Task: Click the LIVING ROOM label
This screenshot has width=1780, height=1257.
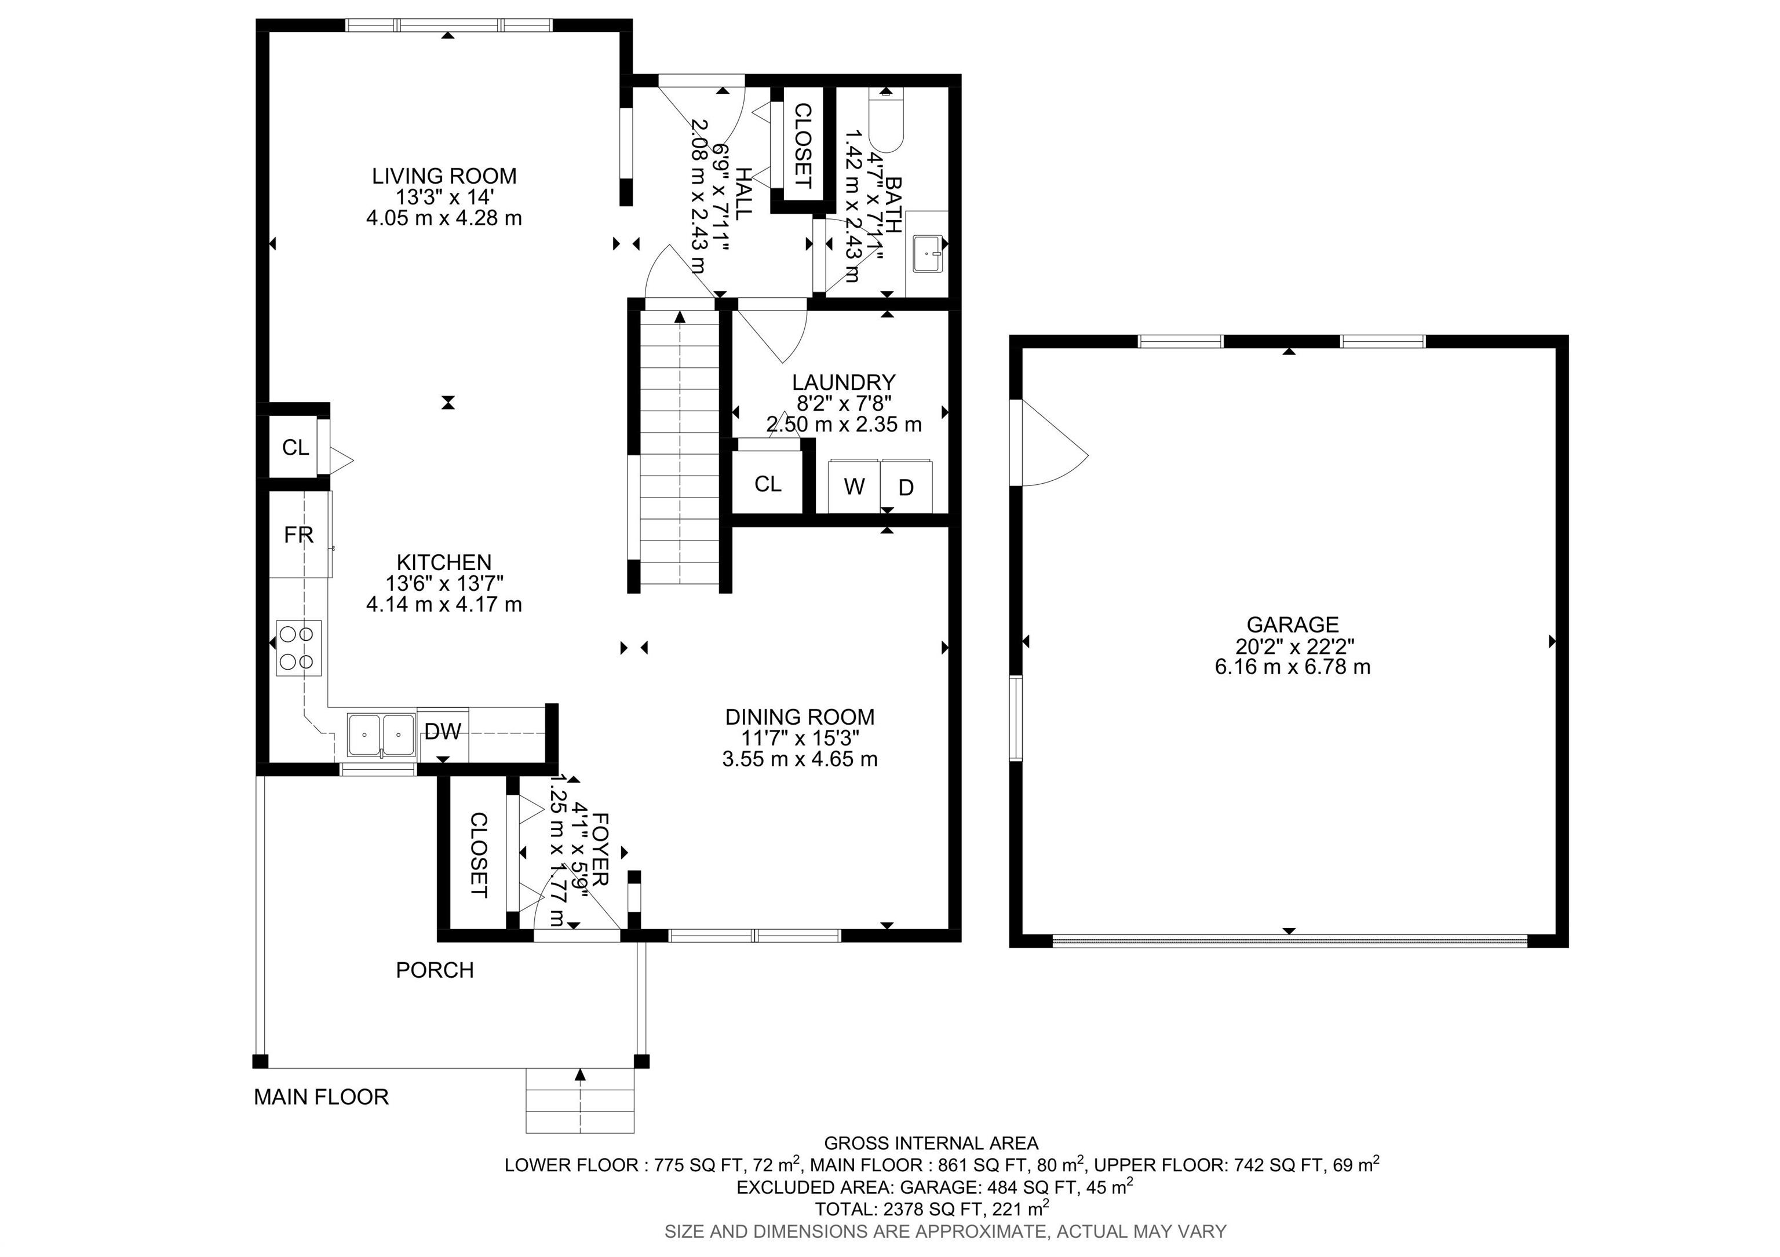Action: tap(444, 176)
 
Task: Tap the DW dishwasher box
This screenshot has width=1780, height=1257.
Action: tap(443, 731)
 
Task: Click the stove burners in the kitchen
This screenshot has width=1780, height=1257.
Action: tap(298, 648)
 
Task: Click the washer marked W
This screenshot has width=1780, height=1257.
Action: tap(854, 486)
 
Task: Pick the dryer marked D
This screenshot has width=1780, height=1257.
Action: tap(906, 486)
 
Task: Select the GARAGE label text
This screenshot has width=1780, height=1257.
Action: tap(1292, 624)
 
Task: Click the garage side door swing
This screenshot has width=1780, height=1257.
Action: tap(1050, 443)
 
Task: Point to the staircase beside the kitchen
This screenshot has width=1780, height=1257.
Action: tap(680, 447)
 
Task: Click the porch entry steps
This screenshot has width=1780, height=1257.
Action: tap(580, 1101)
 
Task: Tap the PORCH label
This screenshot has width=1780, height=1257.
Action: tap(435, 970)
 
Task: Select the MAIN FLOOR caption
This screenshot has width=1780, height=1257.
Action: tap(322, 1097)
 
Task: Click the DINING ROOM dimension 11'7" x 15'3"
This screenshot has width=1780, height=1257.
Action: tap(800, 738)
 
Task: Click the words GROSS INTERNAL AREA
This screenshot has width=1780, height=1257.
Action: tap(931, 1143)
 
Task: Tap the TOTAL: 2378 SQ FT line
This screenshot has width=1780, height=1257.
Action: tap(932, 1208)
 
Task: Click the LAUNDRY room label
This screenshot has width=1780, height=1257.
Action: tap(844, 382)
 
